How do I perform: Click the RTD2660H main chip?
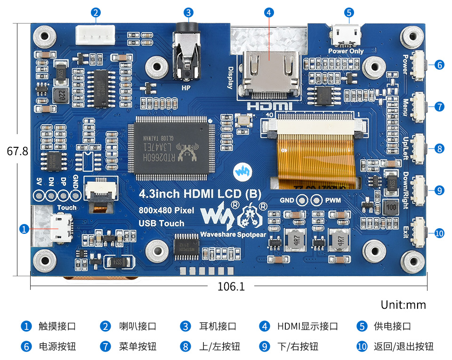(x=172, y=147)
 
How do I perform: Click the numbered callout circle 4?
(x=269, y=13)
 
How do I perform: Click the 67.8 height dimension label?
(x=17, y=152)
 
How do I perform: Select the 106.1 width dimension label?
(x=231, y=286)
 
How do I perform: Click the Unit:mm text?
(x=403, y=304)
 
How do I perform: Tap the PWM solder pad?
(x=318, y=200)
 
